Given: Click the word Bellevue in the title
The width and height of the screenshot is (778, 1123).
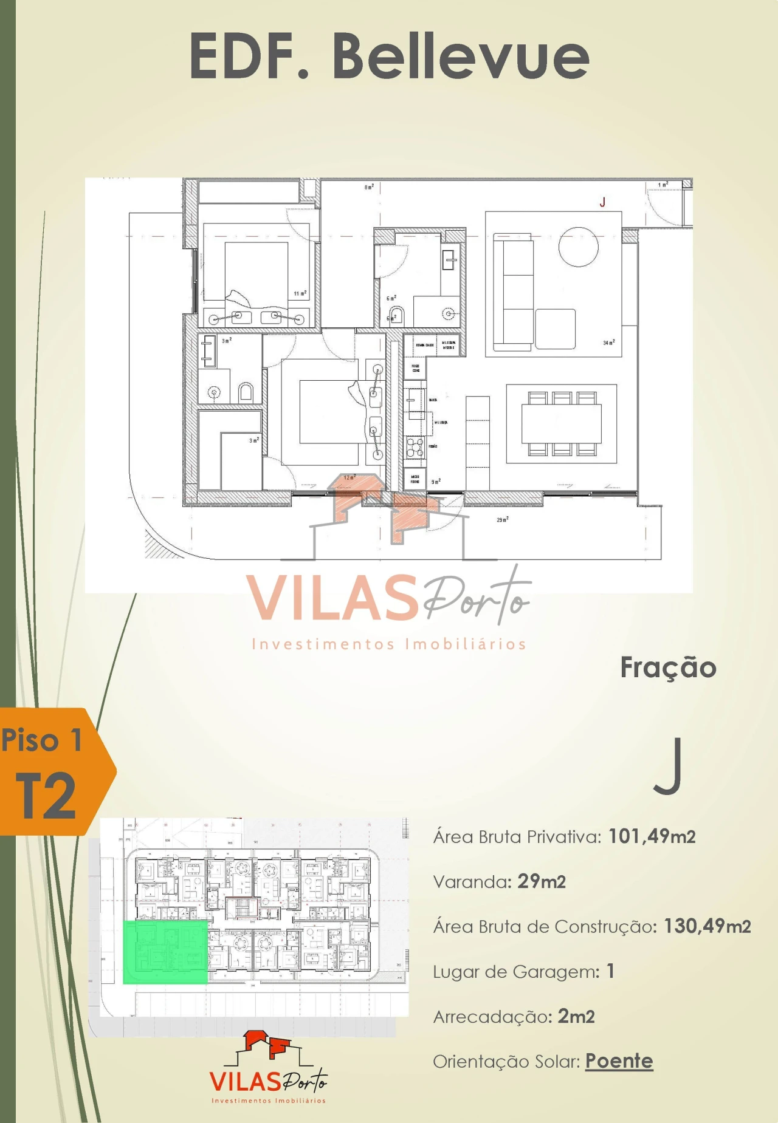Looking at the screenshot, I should click(x=461, y=56).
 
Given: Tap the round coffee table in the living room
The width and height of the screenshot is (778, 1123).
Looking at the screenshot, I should click(x=578, y=247).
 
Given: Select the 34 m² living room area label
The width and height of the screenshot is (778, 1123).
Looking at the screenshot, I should click(x=608, y=343).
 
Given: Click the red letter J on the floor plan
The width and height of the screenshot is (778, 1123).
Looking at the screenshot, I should click(x=602, y=202).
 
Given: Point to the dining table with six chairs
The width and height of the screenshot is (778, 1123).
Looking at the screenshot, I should click(x=562, y=423).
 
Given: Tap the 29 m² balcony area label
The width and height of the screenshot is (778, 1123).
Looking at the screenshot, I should click(x=503, y=520).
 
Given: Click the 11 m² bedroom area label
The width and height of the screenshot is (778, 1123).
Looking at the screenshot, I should click(x=300, y=293).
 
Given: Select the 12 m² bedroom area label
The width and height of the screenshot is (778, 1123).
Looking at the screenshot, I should click(x=349, y=477).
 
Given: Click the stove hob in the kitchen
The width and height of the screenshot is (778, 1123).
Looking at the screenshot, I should click(x=415, y=447).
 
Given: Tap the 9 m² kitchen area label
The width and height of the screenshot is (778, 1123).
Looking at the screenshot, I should click(x=436, y=482).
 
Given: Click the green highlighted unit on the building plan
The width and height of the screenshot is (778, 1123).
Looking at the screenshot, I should click(x=165, y=952).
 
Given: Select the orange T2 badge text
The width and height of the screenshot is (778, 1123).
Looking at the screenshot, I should click(x=46, y=796).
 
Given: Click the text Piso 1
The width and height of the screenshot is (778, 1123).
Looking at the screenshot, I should click(x=41, y=740).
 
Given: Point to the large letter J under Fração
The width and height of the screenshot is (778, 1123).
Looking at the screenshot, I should click(x=668, y=766).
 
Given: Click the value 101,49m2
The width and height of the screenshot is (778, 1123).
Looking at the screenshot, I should click(x=652, y=836).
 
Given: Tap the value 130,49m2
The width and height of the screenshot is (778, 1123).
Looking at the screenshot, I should click(x=707, y=926).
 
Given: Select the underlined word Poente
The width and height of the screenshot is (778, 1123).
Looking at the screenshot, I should click(x=619, y=1061).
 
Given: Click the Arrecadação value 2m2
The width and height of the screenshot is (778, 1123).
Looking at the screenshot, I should click(x=576, y=1016).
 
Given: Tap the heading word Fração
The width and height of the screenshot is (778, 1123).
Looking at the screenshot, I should click(x=668, y=667).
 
